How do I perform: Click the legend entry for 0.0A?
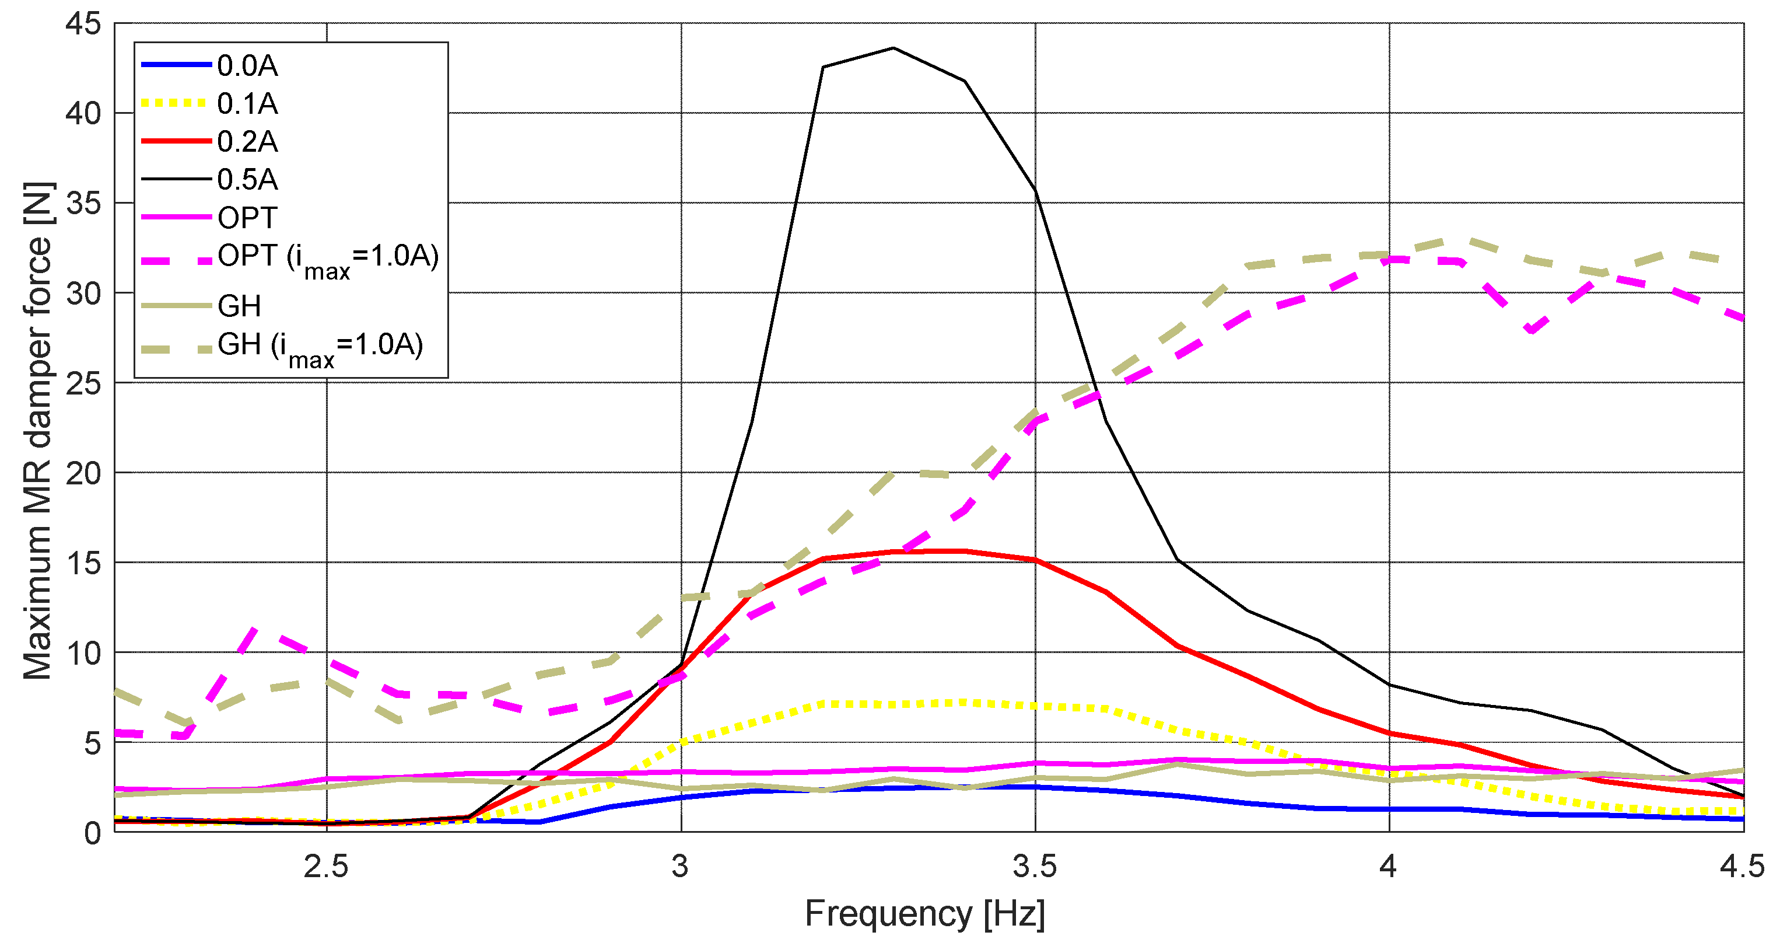point(247,66)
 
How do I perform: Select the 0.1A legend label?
point(247,104)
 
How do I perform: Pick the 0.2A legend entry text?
point(247,142)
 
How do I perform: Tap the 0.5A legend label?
point(247,180)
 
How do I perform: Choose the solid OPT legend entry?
point(247,218)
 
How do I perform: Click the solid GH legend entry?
point(239,306)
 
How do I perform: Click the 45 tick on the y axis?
point(83,24)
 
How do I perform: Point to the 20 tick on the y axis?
point(83,474)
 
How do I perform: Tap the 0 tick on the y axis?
point(92,833)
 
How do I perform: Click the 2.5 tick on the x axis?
point(326,867)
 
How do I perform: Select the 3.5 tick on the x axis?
point(1035,867)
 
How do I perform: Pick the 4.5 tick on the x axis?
point(1742,867)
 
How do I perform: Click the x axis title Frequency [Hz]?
point(924,913)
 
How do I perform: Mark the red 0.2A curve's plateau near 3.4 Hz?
point(963,551)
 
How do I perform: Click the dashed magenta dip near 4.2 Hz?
point(1532,330)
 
